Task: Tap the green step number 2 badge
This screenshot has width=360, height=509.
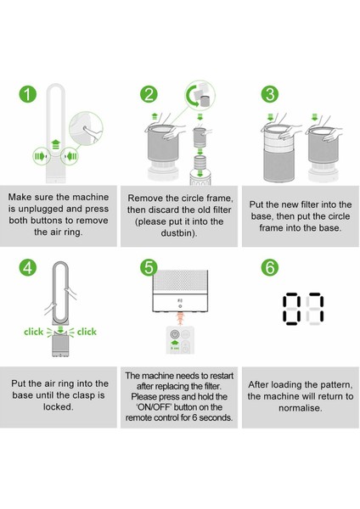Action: click(x=149, y=94)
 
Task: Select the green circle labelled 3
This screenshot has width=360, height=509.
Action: click(x=269, y=94)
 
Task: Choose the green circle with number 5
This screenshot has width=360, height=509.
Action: click(x=149, y=267)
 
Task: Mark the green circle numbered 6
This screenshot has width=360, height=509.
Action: click(x=269, y=267)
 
